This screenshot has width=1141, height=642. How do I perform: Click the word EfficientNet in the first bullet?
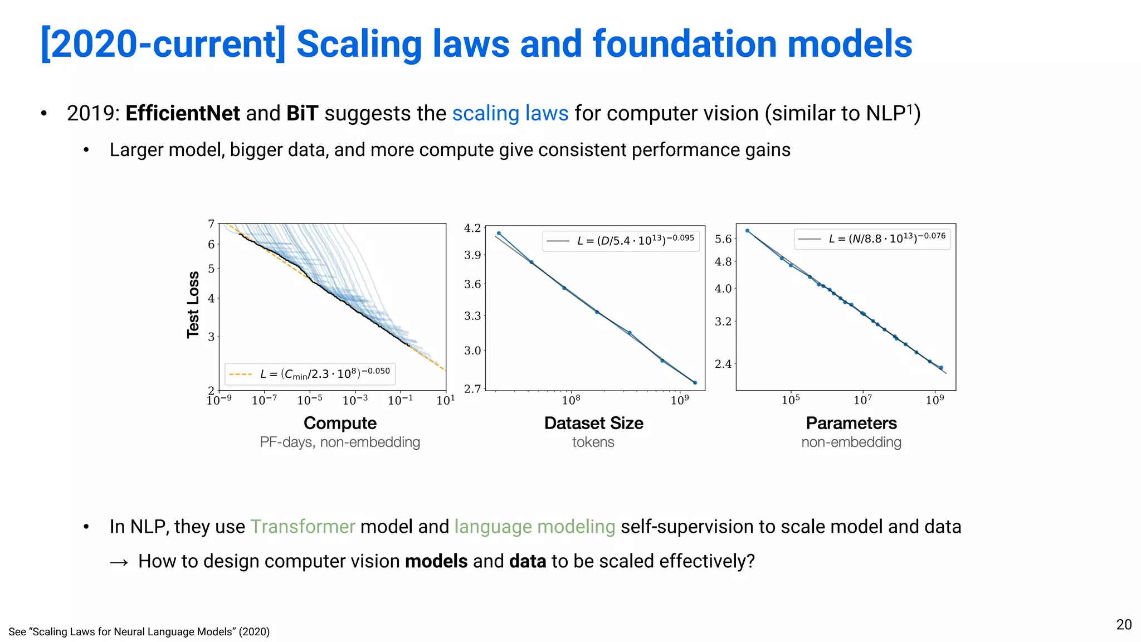tap(182, 114)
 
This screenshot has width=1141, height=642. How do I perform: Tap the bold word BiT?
tap(302, 114)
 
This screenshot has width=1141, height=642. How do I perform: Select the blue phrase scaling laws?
tap(510, 114)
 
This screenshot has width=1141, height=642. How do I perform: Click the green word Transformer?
tap(303, 527)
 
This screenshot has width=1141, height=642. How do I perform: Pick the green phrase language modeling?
tap(534, 527)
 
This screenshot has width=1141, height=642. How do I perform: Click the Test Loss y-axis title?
tap(193, 305)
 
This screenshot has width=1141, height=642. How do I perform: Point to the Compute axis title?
tap(340, 423)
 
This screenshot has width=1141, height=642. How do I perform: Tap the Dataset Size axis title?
tap(593, 423)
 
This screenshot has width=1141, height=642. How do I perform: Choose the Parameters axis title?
tap(851, 423)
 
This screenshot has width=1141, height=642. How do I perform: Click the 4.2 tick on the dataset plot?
tap(472, 228)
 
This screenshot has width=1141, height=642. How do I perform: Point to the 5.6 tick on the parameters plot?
tap(723, 239)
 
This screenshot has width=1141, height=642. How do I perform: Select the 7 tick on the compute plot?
tap(211, 224)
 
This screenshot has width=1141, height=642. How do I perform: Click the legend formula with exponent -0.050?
tap(324, 373)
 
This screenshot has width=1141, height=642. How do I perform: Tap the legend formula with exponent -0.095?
tap(635, 240)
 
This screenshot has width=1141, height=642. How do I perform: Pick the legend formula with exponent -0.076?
tap(886, 238)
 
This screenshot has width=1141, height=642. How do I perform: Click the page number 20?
tap(1124, 625)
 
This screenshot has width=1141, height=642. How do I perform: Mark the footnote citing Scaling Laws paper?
tap(139, 632)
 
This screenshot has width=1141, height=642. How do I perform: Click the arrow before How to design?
tap(119, 562)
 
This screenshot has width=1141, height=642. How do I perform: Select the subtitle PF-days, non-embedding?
tap(340, 442)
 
